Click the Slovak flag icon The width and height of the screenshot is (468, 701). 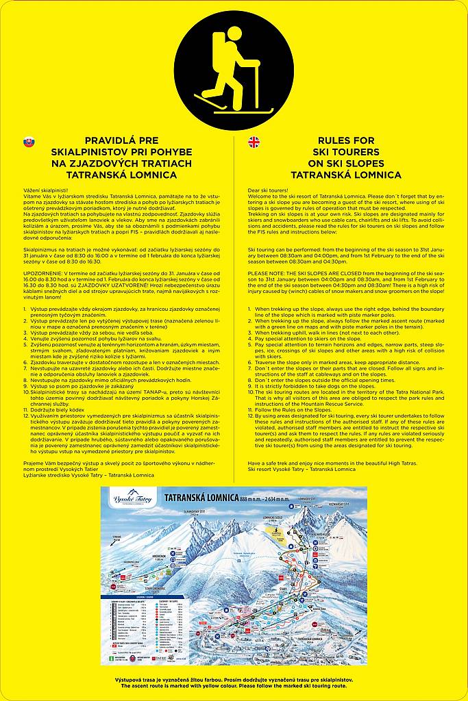pos(28,142)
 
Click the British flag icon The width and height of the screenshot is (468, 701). pos(254,142)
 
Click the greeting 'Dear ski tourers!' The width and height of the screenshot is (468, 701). pos(269,188)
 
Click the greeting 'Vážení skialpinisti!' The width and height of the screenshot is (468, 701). pos(45,188)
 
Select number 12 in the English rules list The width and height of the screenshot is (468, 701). pos(251,416)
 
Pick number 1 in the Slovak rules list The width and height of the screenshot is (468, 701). pos(25,309)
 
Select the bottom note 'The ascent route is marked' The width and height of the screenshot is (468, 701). pos(234,685)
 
